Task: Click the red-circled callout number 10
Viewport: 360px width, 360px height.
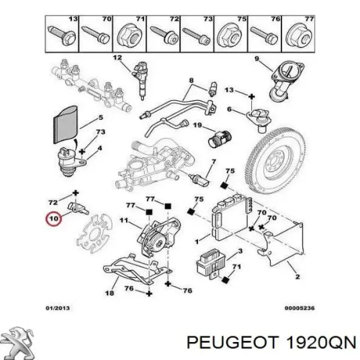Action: (53, 219)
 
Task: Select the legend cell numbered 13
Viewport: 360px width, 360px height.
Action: (62, 31)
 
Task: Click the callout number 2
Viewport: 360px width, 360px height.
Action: (297, 278)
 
